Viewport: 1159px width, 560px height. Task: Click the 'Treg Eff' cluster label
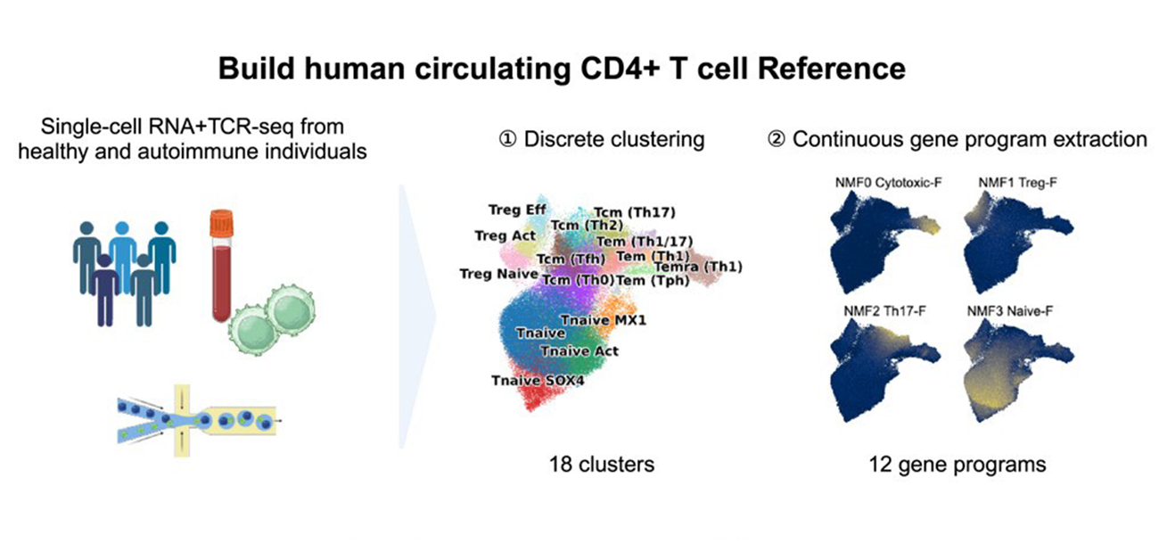[517, 210]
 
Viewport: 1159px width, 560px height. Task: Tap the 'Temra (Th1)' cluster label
[698, 267]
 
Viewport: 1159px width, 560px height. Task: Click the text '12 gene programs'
[958, 464]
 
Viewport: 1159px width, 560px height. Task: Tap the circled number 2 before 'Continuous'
[777, 140]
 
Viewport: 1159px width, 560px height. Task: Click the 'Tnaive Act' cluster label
[579, 350]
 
